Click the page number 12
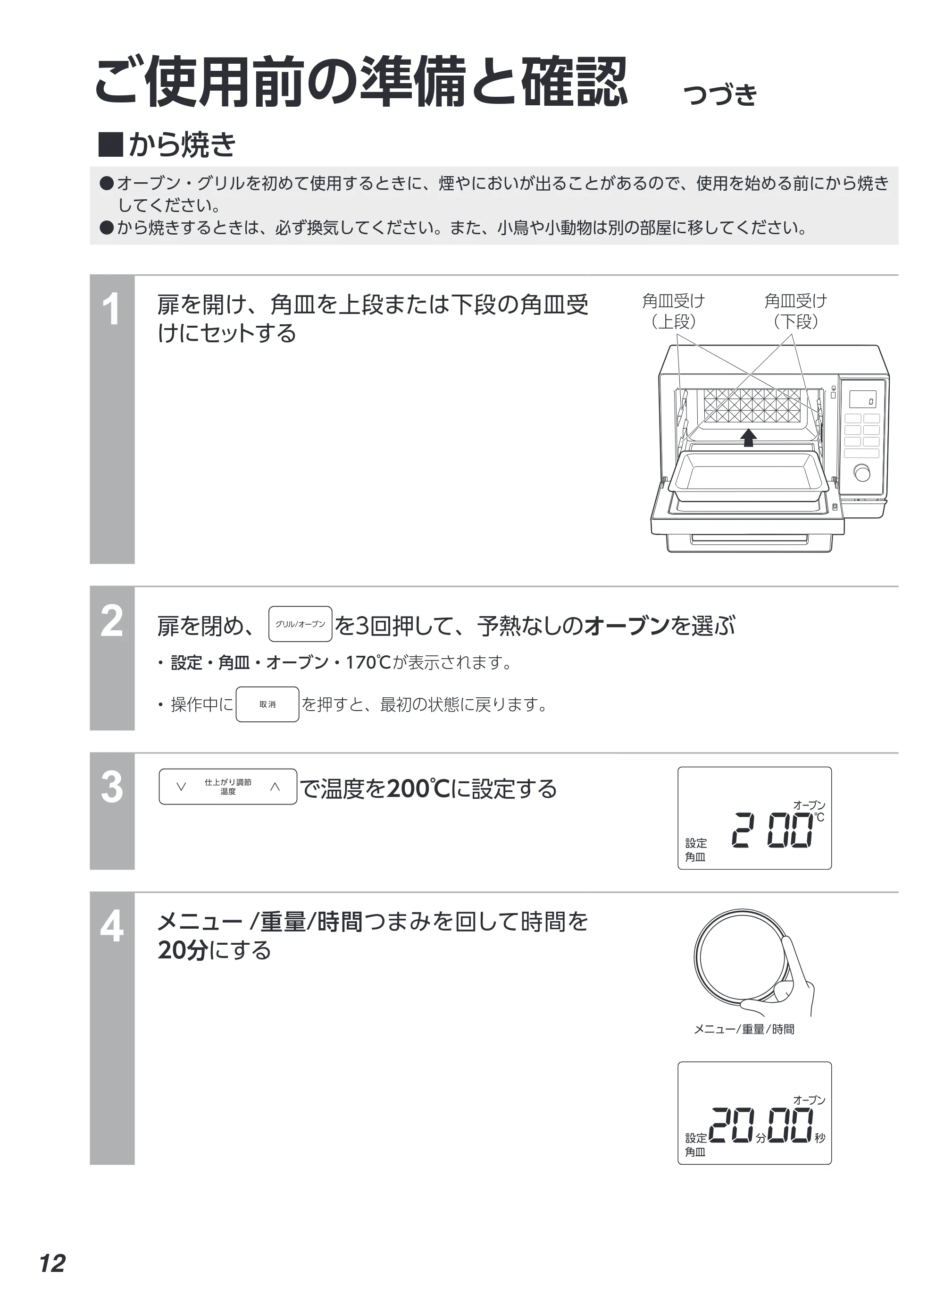[52, 1263]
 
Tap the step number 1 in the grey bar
[111, 309]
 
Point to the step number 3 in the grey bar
[112, 787]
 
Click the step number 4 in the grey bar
[112, 927]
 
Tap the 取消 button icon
[267, 704]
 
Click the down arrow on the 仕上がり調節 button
[181, 787]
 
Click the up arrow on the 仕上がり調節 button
[275, 787]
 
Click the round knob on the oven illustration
[862, 473]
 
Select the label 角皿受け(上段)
[673, 311]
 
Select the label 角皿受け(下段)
[796, 311]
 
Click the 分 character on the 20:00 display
[760, 1138]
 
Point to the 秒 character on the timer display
[820, 1138]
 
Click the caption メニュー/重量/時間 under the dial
[744, 1029]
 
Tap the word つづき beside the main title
[720, 94]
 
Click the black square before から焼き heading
[111, 144]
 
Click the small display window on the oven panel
[862, 400]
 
